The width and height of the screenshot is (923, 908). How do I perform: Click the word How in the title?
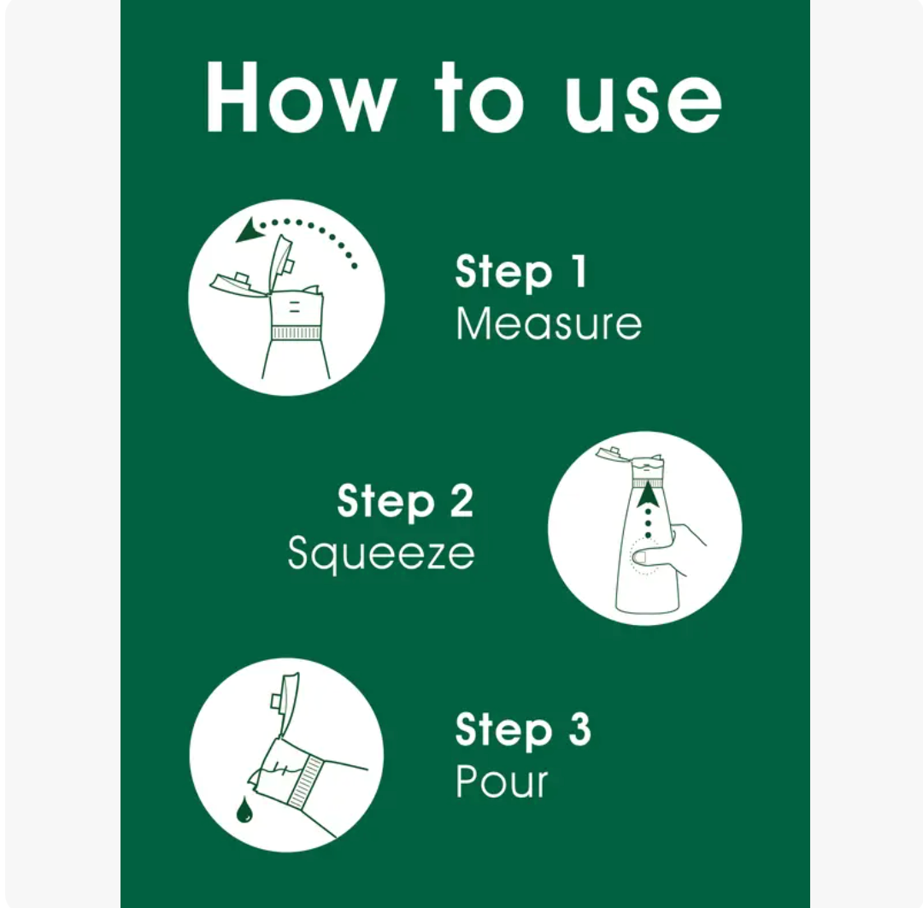pos(300,97)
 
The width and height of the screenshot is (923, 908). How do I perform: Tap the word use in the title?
pos(644,104)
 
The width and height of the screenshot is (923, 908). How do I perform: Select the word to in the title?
pos(479,97)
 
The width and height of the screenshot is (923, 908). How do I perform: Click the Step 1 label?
pos(521,271)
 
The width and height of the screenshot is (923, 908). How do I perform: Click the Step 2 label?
pos(405,501)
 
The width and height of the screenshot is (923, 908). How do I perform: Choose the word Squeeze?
pos(381,553)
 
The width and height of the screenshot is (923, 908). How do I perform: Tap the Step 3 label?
pos(523,729)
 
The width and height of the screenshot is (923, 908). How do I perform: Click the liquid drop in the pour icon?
pos(244,810)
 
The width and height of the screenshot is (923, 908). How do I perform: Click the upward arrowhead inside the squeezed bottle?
pos(648,493)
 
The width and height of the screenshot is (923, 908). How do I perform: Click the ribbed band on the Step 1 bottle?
pos(296,333)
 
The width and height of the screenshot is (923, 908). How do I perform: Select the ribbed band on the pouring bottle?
pos(308,781)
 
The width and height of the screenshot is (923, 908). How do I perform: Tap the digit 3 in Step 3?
pos(579,729)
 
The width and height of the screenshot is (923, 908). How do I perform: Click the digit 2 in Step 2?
pos(462,501)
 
